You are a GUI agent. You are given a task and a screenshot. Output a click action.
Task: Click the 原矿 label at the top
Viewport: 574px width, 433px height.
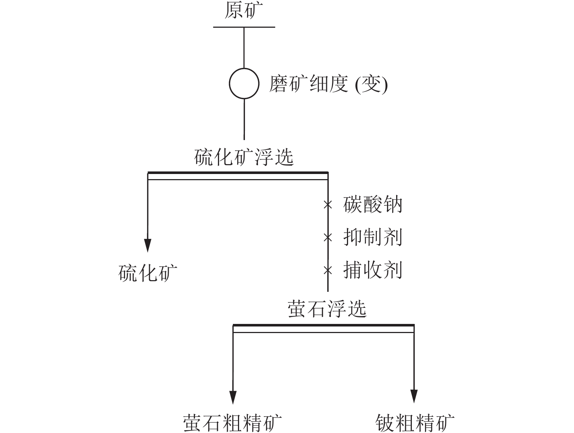[x=244, y=11]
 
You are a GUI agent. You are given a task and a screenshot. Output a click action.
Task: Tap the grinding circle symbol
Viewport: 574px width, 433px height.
[x=229, y=83]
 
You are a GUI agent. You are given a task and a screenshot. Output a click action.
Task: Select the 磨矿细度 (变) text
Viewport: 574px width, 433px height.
[x=328, y=84]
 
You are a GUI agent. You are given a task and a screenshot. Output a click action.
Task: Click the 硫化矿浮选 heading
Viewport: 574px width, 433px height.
[x=244, y=157]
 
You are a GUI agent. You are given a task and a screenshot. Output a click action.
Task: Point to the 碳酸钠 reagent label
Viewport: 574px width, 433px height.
[x=372, y=204]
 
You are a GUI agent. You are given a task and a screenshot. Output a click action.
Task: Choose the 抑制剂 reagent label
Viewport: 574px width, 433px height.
[x=372, y=237]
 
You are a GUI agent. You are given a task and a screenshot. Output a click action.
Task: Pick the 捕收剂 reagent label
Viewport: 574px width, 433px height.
[x=372, y=270]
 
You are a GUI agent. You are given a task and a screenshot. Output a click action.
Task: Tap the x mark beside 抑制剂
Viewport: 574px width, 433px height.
[x=328, y=237]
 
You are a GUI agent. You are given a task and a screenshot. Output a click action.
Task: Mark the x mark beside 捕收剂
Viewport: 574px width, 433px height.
[x=328, y=270]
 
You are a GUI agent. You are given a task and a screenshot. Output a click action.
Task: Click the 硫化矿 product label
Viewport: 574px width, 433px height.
[x=148, y=273]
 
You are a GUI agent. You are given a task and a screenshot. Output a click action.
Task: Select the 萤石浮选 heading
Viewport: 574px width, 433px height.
[x=327, y=309]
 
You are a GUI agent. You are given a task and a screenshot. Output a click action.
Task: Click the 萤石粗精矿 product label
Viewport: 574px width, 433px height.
[x=232, y=423]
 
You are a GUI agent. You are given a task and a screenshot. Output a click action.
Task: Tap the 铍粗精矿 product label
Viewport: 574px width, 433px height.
[x=415, y=423]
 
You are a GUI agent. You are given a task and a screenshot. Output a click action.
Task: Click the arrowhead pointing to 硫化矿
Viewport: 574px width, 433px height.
[x=148, y=246]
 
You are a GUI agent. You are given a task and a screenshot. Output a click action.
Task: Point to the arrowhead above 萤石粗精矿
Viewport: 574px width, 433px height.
[x=233, y=397]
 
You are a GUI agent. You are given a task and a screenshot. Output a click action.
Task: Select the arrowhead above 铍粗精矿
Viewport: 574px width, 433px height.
[x=414, y=397]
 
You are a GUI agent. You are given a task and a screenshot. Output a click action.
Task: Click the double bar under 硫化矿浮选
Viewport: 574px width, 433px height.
[x=238, y=176]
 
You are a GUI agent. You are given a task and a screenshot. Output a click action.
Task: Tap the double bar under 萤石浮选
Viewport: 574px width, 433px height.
[x=324, y=328]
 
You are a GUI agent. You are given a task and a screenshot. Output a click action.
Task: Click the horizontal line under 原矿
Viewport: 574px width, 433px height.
[x=244, y=27]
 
